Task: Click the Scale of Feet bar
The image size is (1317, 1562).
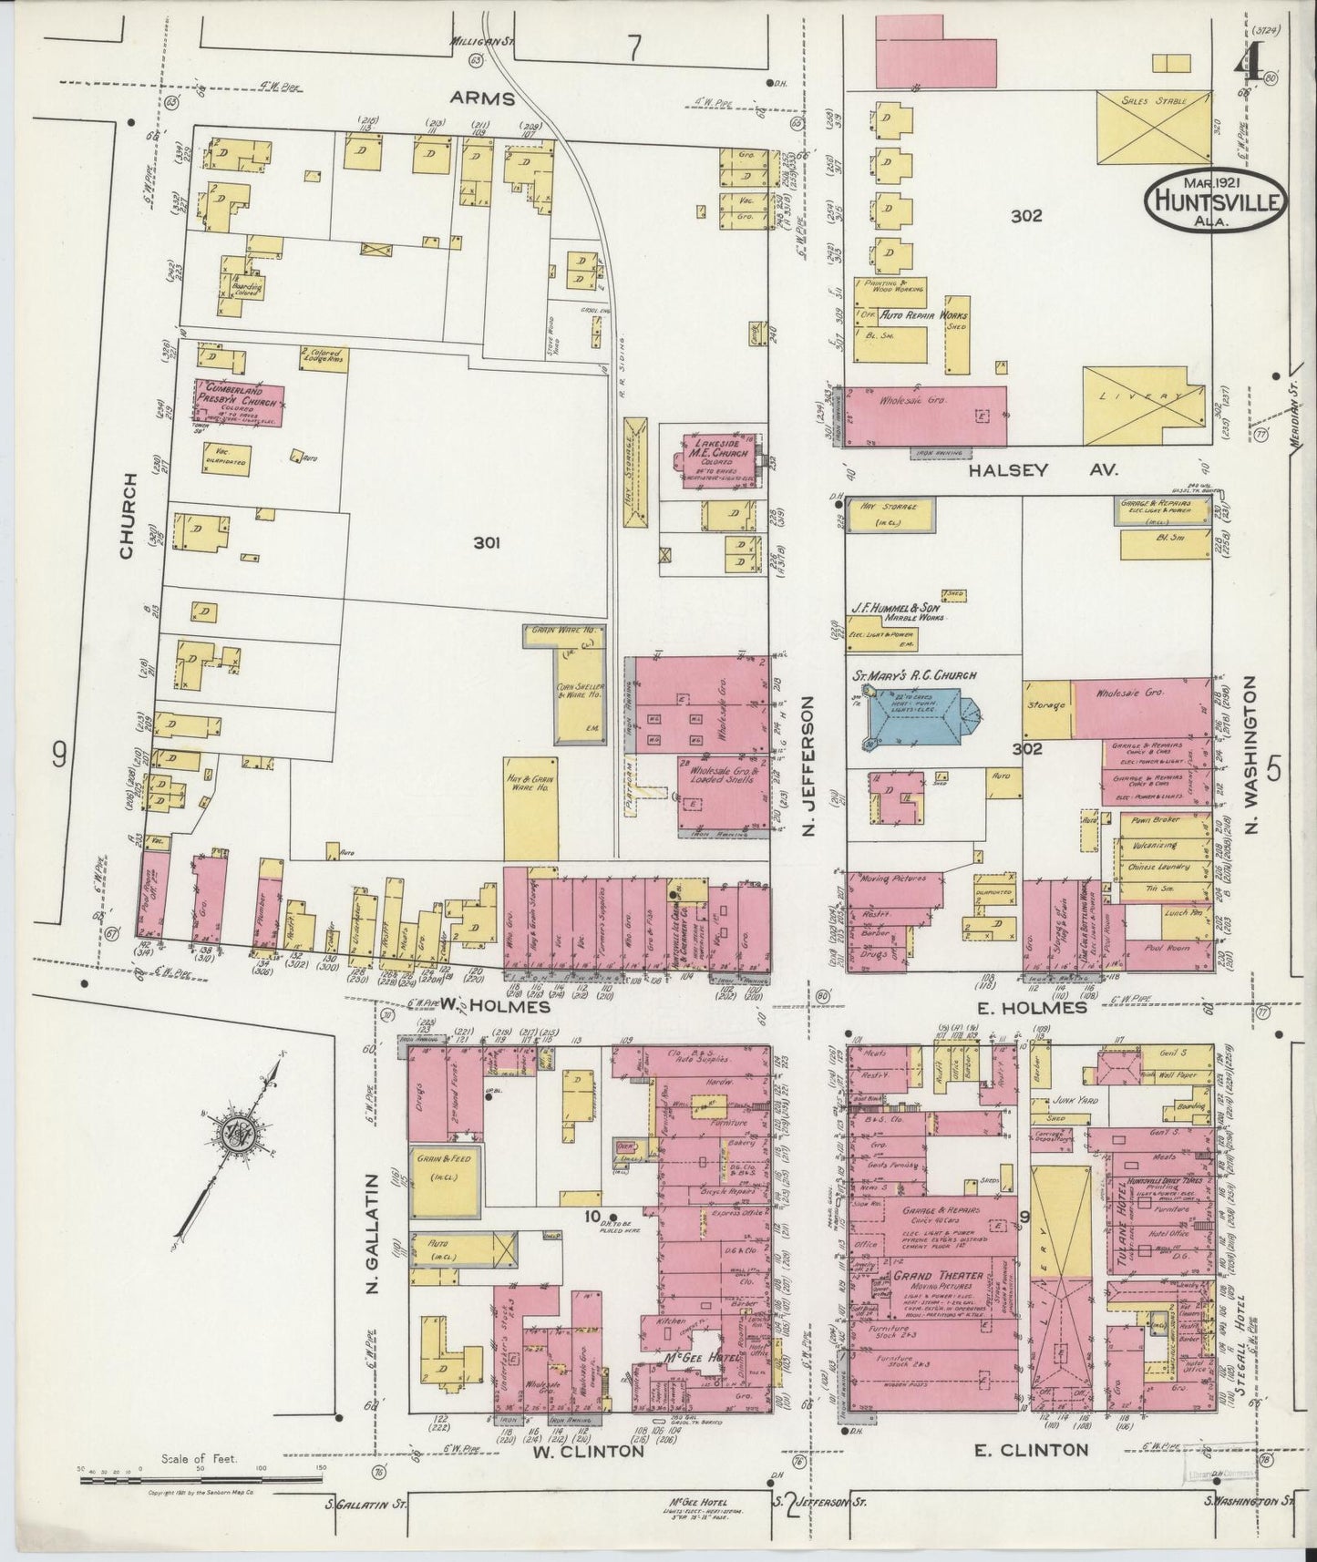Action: (201, 1482)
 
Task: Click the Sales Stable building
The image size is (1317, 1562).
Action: (1153, 128)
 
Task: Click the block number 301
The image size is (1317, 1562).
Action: (488, 543)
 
